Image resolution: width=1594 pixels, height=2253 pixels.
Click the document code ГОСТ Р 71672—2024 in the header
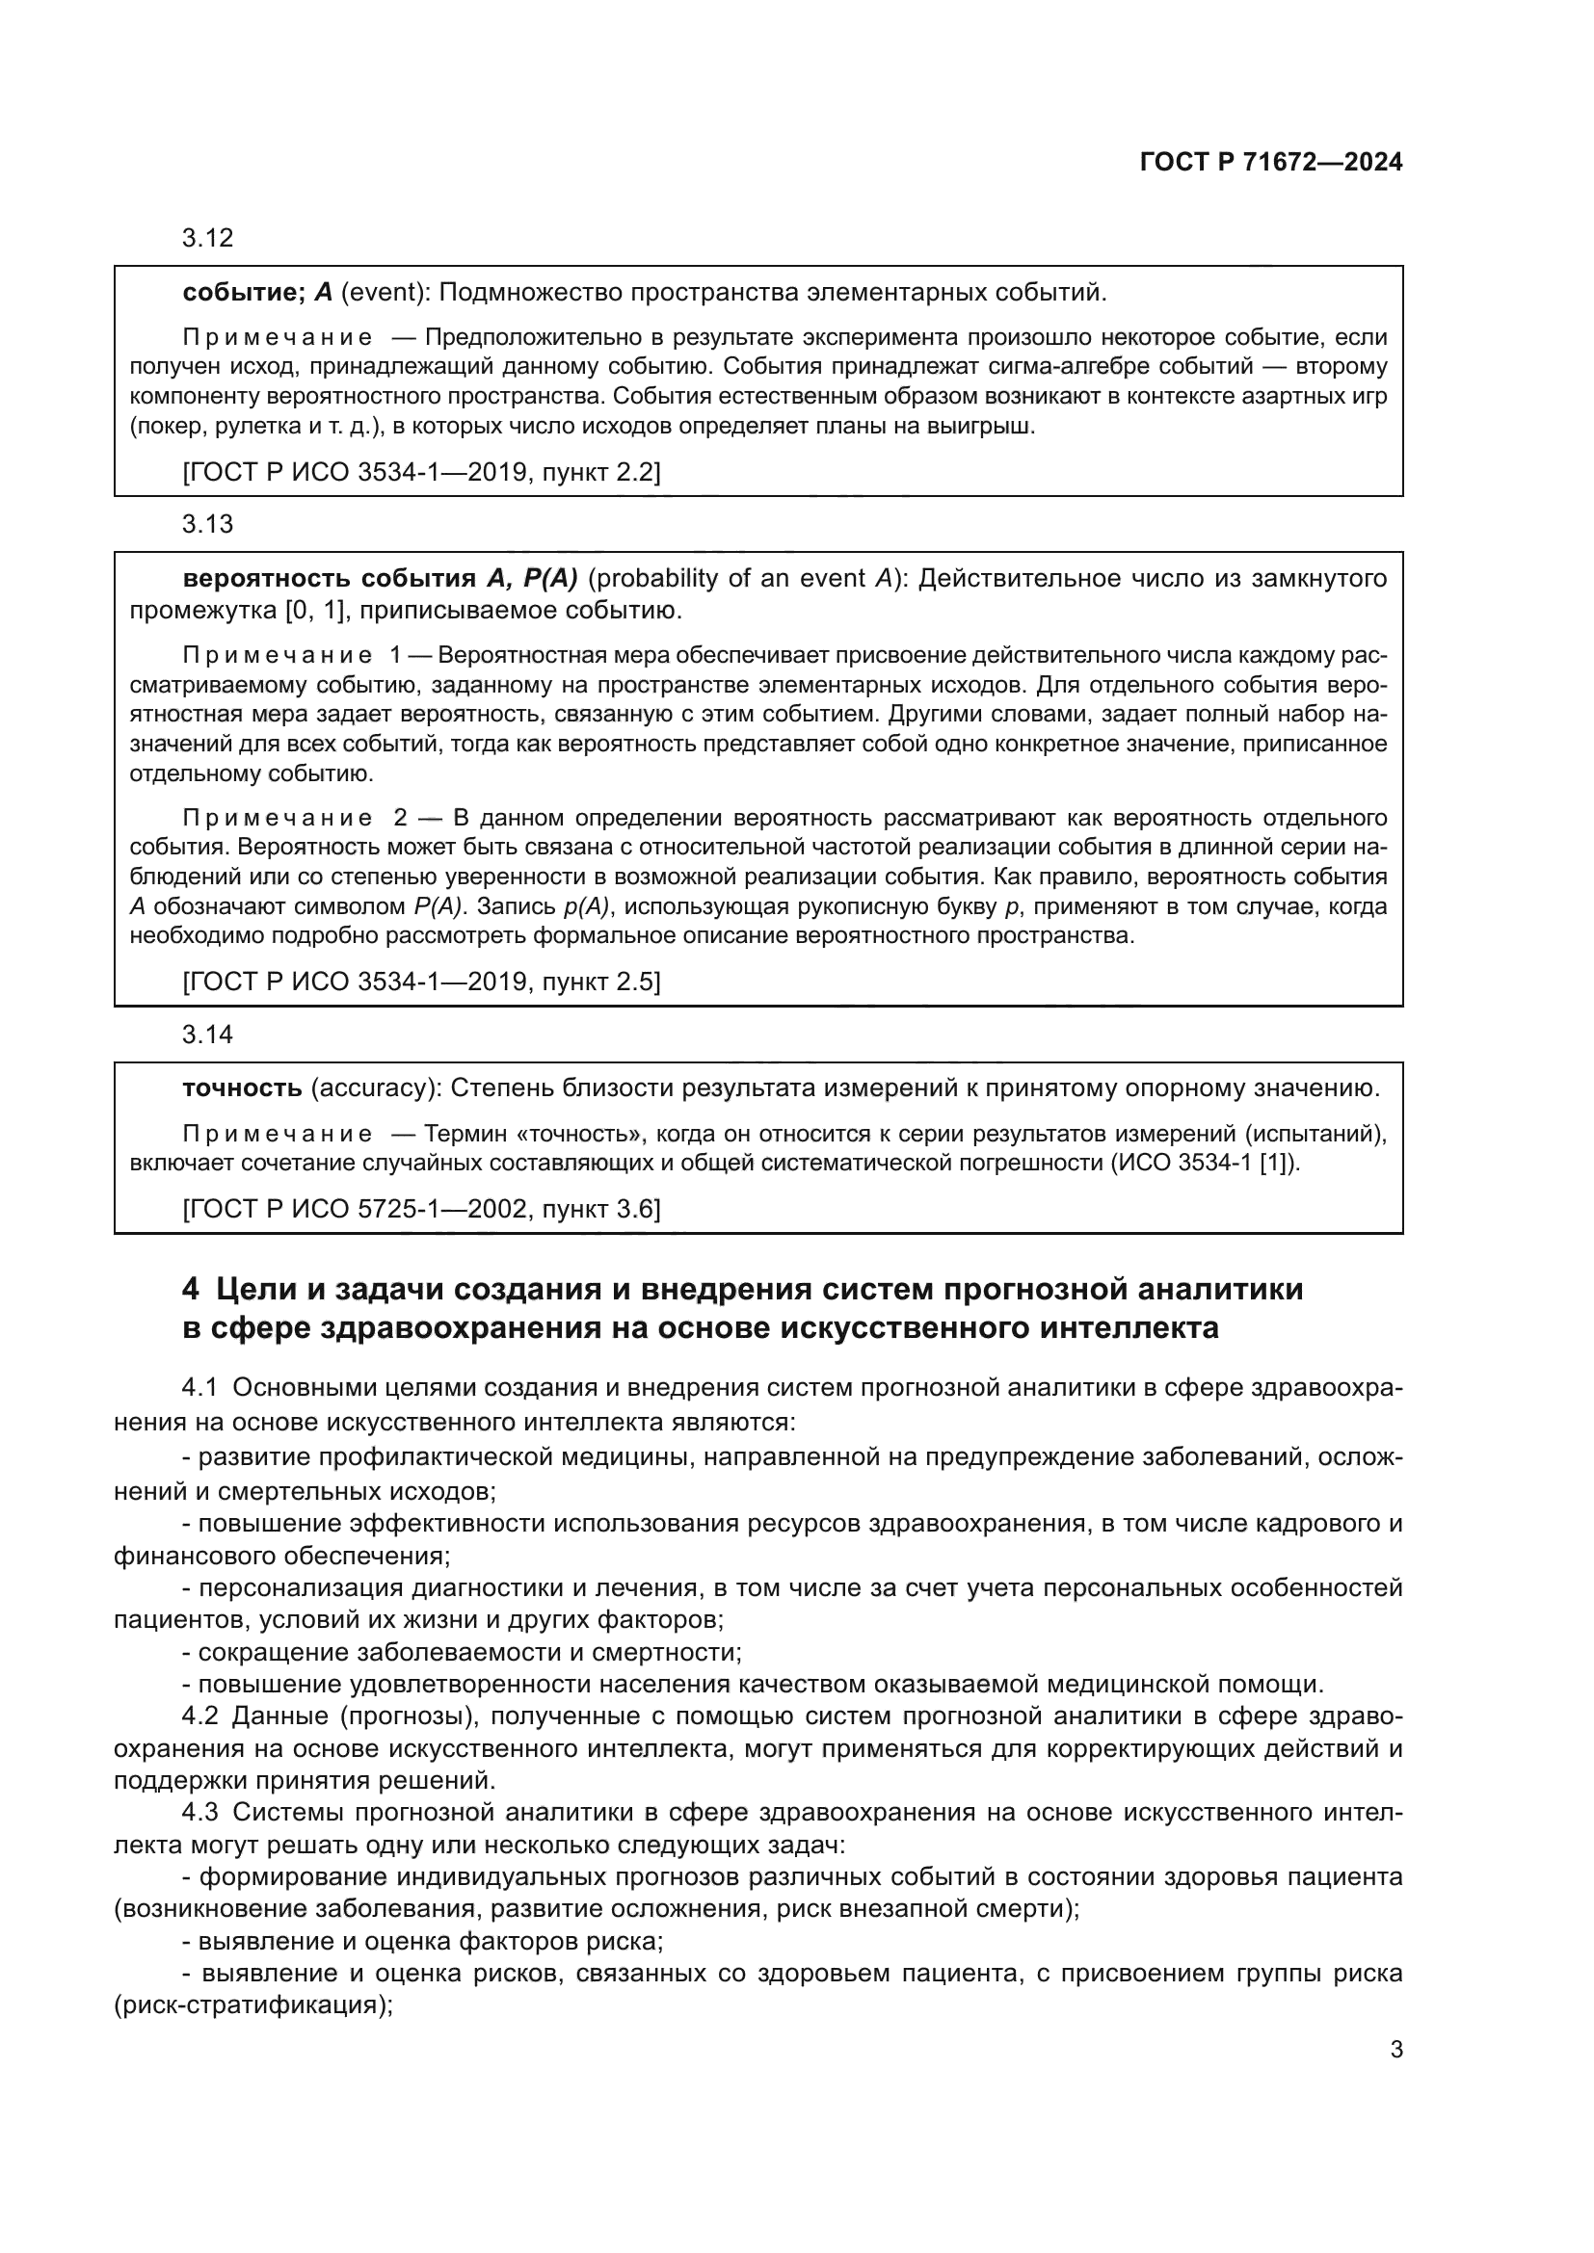pyautogui.click(x=1271, y=162)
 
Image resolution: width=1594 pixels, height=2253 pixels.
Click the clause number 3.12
pyautogui.click(x=207, y=238)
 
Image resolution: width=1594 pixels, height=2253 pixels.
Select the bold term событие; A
pyautogui.click(x=257, y=293)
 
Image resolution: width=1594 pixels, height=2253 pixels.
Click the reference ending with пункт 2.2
pyautogui.click(x=421, y=473)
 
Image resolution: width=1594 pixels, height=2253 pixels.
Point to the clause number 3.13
pyautogui.click(x=207, y=524)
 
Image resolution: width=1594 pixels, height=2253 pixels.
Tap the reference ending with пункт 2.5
pyautogui.click(x=421, y=982)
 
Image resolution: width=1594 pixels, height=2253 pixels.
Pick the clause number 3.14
pyautogui.click(x=207, y=1035)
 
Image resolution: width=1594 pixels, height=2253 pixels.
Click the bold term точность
pyautogui.click(x=243, y=1088)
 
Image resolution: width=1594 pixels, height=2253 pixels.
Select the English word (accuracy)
pyautogui.click(x=372, y=1088)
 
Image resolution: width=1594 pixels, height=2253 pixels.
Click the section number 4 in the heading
pyautogui.click(x=191, y=1289)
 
